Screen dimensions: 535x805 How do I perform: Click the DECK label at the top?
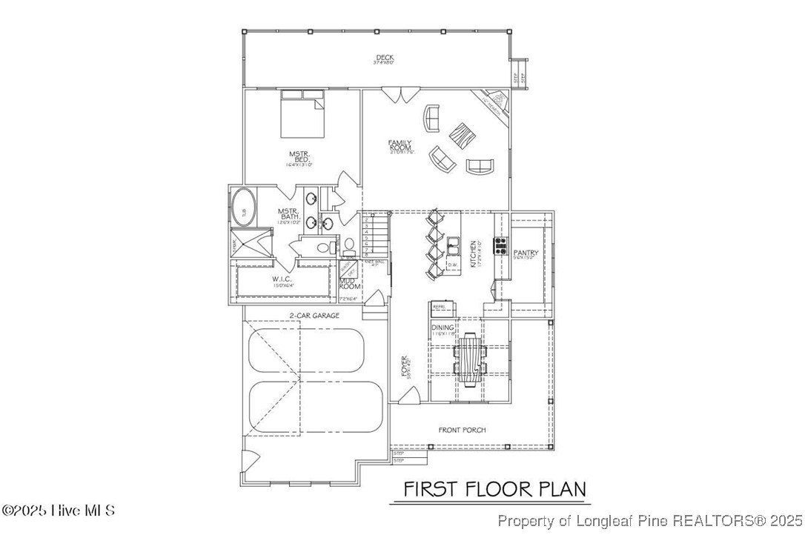[384, 57]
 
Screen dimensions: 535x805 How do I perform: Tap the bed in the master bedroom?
[302, 115]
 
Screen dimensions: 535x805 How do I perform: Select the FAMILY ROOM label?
[400, 145]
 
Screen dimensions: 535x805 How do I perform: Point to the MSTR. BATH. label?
[288, 215]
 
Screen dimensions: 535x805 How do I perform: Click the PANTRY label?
[525, 253]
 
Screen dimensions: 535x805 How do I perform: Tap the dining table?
[470, 359]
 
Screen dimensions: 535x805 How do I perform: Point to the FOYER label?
[405, 367]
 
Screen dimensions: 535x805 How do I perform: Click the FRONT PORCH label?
[462, 430]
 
